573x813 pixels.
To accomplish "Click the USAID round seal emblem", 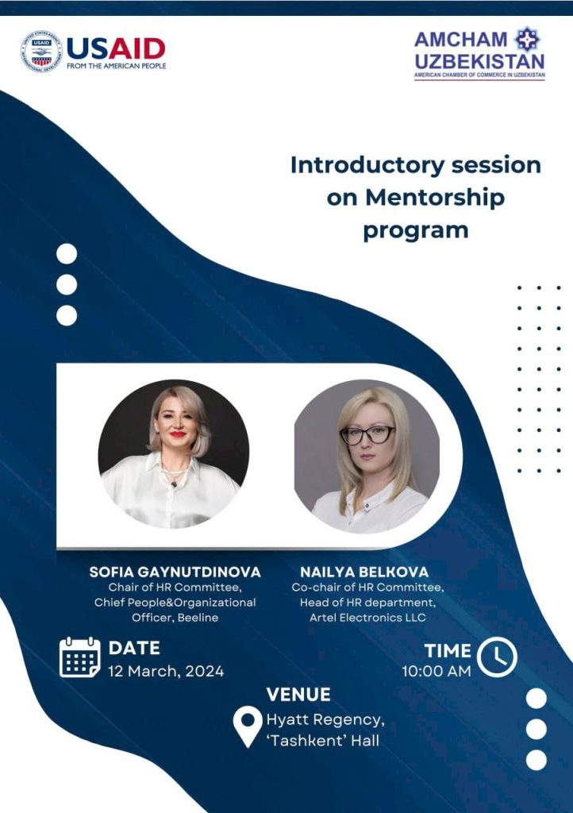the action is pos(41,52).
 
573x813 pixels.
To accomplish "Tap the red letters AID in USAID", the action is pos(137,50).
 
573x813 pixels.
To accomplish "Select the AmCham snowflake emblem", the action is pos(527,39).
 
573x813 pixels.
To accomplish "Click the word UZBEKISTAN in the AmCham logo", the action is pos(479,62).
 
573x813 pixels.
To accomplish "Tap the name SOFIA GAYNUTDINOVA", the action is pos(175,572).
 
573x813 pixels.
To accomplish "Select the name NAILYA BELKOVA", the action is pos(364,572).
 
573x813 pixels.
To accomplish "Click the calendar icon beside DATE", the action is pos(80,657).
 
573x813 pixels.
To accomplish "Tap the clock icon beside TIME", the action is pos(497,657).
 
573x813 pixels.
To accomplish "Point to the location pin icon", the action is pos(248,726).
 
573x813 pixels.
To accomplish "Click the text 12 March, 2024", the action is pos(166,672).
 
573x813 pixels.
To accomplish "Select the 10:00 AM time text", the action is pos(436,672).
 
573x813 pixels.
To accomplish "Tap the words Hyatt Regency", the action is pos(325,720).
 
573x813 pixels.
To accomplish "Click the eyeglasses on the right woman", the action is pos(367,435).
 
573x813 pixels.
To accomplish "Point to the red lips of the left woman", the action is pos(177,434).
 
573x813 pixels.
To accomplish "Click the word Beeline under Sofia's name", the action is pos(198,618).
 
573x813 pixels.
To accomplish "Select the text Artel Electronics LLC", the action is pos(367,618).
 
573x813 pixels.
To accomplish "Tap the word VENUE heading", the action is pos(298,695).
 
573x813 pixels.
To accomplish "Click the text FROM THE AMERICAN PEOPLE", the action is pos(117,66).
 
